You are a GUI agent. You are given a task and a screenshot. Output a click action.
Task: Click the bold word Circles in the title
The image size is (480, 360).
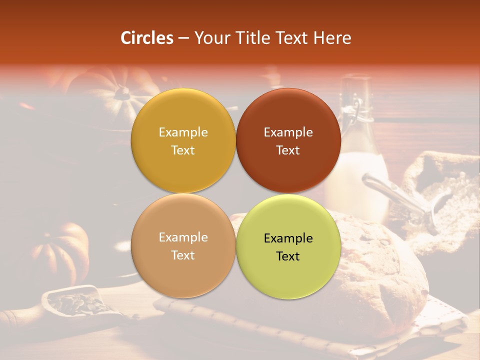pyautogui.click(x=147, y=38)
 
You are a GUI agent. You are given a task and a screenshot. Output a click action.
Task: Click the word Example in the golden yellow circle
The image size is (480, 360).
pyautogui.click(x=183, y=132)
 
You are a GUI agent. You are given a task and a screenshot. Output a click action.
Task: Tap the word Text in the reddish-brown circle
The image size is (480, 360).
pyautogui.click(x=288, y=150)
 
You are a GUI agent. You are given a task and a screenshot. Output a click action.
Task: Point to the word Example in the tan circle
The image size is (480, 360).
pyautogui.click(x=183, y=237)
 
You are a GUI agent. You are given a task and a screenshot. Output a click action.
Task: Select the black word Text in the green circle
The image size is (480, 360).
pyautogui.click(x=288, y=256)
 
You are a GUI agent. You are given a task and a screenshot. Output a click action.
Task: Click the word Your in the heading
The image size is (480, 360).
pyautogui.click(x=210, y=38)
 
